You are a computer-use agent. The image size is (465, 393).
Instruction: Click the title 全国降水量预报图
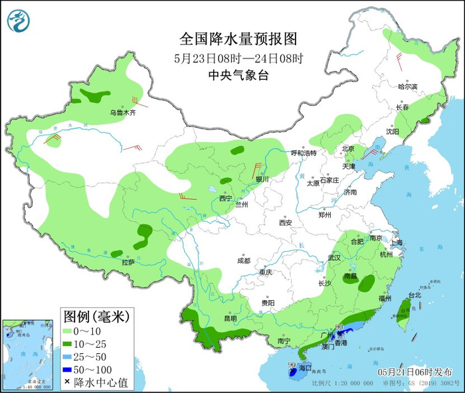[x=237, y=37]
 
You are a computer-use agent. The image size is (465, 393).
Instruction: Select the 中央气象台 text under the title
[x=237, y=76]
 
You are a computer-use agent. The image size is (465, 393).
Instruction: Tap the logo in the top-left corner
[x=19, y=20]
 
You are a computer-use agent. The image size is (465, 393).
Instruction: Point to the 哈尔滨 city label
[x=407, y=87]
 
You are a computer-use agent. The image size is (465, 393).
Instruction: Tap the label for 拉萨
[x=128, y=262]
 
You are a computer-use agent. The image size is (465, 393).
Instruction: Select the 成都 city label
[x=243, y=260]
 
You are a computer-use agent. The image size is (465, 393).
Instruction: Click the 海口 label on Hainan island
[x=305, y=367]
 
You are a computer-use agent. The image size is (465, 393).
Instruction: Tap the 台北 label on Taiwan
[x=414, y=295]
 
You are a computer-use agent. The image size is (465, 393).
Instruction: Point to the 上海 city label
[x=397, y=243]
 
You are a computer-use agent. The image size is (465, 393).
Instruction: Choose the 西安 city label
[x=286, y=223]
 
